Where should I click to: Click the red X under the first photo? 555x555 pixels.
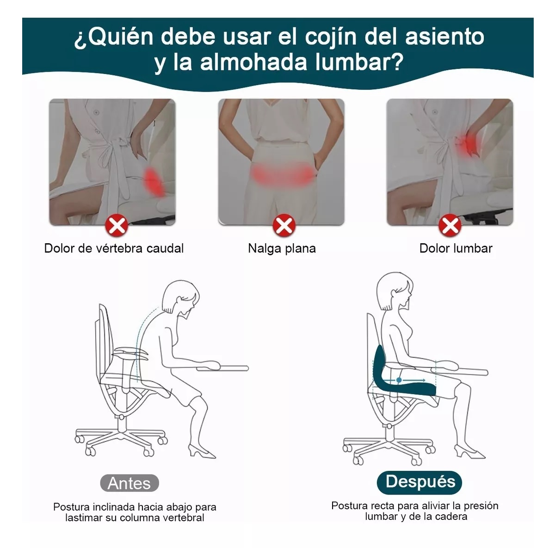pyautogui.click(x=117, y=226)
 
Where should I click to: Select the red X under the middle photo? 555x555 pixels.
pyautogui.click(x=283, y=226)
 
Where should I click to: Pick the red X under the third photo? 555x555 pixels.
pyautogui.click(x=449, y=226)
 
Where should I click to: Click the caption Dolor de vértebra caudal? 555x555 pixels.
pyautogui.click(x=114, y=248)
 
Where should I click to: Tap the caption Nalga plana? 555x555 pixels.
pyautogui.click(x=282, y=248)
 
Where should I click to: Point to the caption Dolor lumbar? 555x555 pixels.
pyautogui.click(x=456, y=248)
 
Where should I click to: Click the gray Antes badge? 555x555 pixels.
pyautogui.click(x=129, y=483)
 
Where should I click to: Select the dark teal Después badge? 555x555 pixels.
pyautogui.click(x=420, y=482)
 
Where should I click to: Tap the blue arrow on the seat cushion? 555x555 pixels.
pyautogui.click(x=412, y=380)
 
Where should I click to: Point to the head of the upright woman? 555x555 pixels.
pyautogui.click(x=395, y=290)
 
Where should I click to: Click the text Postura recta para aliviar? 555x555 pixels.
pyautogui.click(x=414, y=506)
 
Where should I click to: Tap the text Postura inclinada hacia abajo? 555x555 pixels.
pyautogui.click(x=135, y=507)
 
